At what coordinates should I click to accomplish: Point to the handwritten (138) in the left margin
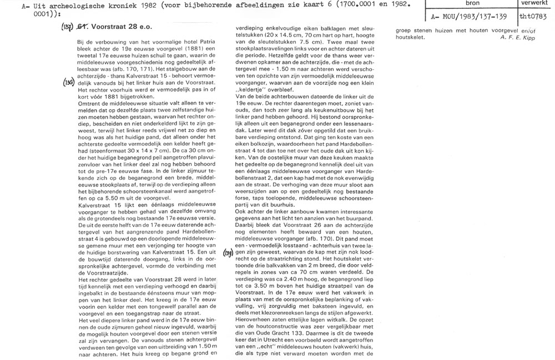pyautogui.click(x=69, y=82)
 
